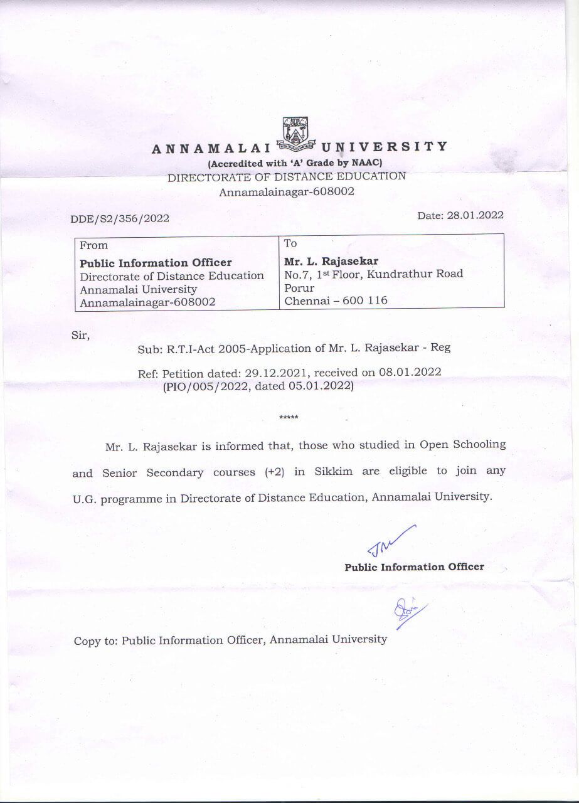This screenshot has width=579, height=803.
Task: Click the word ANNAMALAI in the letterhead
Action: click(x=210, y=149)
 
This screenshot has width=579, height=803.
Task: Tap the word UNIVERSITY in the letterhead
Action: click(x=384, y=147)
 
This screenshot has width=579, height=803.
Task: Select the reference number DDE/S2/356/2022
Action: click(x=120, y=219)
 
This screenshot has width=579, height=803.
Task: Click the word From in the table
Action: click(x=93, y=245)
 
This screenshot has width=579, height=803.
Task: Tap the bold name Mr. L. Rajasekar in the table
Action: click(x=331, y=260)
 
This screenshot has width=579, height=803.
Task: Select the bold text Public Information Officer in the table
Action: click(x=156, y=262)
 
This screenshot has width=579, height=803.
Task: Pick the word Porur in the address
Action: click(x=299, y=287)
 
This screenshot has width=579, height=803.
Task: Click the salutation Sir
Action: click(x=81, y=335)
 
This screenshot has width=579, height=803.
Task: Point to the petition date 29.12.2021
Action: click(x=274, y=373)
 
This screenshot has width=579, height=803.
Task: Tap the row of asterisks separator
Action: click(x=289, y=418)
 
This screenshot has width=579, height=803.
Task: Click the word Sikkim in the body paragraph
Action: click(x=332, y=472)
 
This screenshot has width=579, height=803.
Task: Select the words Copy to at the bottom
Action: click(x=96, y=641)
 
